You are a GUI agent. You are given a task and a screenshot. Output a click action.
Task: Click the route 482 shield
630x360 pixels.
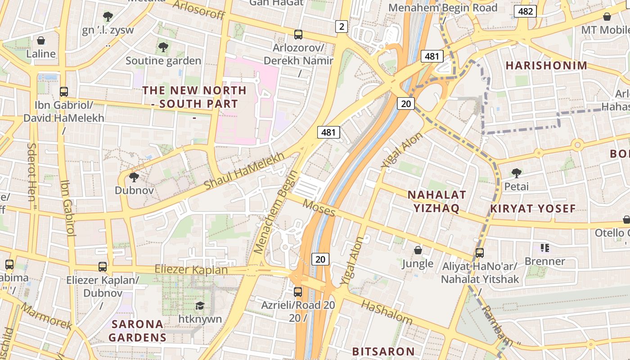tap(526, 11)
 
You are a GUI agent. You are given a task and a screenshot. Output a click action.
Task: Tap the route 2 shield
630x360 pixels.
tap(342, 27)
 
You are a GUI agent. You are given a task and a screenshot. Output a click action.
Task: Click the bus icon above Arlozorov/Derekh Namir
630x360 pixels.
tap(298, 35)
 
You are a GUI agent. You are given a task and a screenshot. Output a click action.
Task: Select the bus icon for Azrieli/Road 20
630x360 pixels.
tap(298, 292)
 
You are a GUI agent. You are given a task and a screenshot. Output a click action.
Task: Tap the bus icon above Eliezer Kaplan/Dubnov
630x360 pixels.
tap(103, 267)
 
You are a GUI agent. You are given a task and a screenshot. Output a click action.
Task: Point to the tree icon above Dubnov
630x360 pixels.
tap(134, 177)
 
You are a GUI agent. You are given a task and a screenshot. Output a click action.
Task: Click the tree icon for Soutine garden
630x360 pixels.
tap(163, 47)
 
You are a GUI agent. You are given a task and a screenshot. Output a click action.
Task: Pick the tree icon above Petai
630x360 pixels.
tap(516, 173)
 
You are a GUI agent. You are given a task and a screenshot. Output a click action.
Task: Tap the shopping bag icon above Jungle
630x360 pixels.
tap(418, 250)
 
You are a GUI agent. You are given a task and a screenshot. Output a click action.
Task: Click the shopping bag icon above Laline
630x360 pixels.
tap(41, 40)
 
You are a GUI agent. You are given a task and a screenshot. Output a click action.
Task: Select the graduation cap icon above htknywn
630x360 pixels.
tap(199, 306)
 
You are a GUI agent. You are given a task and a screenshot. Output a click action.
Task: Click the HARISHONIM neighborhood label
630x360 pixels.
tap(546, 66)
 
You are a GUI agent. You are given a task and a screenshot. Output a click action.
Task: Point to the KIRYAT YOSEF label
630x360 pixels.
tap(533, 209)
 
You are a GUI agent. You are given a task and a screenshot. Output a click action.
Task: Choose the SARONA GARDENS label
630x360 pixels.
tap(137, 330)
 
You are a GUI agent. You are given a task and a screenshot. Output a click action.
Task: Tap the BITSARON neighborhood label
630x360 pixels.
tap(383, 351)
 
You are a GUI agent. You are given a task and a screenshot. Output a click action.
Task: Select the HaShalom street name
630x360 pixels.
tap(387, 312)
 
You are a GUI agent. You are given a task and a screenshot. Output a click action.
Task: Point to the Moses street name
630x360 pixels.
tap(319, 207)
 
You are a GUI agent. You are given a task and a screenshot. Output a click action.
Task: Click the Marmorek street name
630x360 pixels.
tap(46, 316)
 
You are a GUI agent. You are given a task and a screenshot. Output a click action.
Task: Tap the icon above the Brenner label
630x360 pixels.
tap(545, 248)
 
